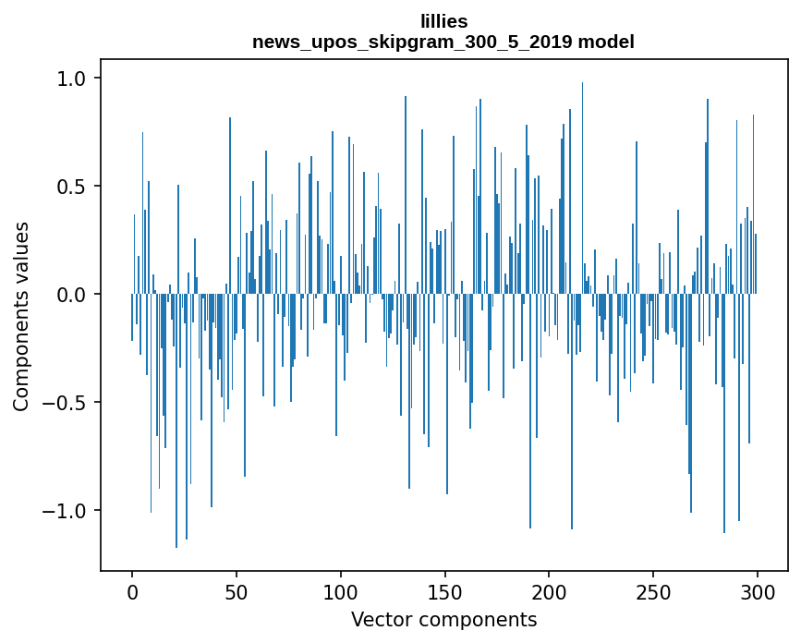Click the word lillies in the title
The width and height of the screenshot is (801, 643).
(x=443, y=21)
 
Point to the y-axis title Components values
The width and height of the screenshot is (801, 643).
(x=21, y=316)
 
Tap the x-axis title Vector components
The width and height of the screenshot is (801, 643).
(x=443, y=620)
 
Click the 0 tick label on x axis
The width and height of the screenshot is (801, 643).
(x=132, y=591)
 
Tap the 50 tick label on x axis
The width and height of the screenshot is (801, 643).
(x=237, y=591)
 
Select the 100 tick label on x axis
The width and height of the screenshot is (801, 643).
(x=341, y=591)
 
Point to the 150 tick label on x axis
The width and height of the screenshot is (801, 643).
(x=445, y=591)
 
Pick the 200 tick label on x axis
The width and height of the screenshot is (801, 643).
(x=550, y=591)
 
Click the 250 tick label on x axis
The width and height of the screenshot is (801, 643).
(x=653, y=591)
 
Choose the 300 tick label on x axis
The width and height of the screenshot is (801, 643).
(x=758, y=591)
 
